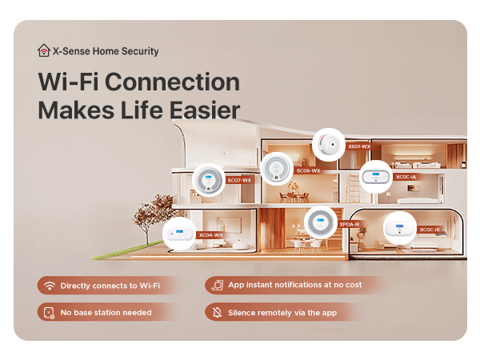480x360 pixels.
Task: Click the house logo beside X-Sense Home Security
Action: point(44,50)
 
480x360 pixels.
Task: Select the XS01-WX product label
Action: point(358,147)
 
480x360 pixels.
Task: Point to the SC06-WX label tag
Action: point(308,171)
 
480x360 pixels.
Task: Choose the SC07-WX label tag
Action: point(239,181)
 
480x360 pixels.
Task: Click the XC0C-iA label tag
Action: point(406,178)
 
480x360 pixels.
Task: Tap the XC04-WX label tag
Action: point(210,235)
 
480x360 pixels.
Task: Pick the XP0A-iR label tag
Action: point(350,225)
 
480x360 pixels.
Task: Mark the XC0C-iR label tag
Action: point(430,230)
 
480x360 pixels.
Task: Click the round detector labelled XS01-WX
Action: point(328,145)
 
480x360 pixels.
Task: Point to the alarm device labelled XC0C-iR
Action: point(399,229)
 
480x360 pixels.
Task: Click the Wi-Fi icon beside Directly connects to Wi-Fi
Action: point(49,286)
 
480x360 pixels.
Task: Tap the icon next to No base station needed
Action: point(49,312)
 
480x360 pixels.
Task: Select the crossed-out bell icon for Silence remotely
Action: point(217,312)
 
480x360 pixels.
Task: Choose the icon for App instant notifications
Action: point(217,286)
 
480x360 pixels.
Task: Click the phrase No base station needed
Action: point(106,312)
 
